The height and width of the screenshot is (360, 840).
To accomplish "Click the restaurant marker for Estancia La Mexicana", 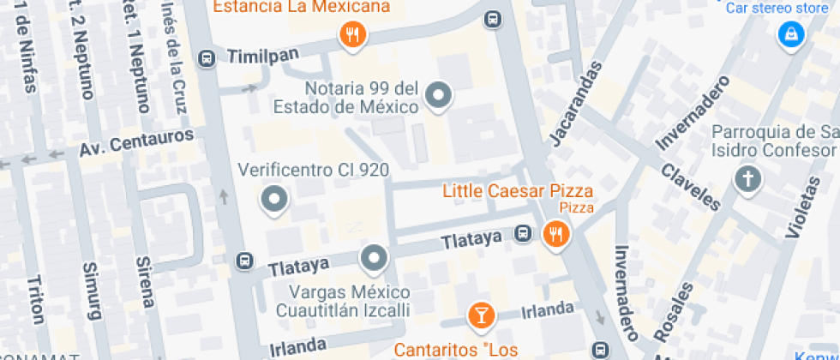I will pyautogui.click(x=352, y=35).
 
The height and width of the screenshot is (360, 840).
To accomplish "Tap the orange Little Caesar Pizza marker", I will pyautogui.click(x=556, y=233).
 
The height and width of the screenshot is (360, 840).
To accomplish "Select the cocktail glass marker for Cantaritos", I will pyautogui.click(x=481, y=315).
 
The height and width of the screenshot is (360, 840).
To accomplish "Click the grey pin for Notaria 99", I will pyautogui.click(x=439, y=95).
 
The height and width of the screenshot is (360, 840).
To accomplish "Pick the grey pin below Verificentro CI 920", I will pyautogui.click(x=274, y=200).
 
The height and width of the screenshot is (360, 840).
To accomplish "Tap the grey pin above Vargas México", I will pyautogui.click(x=374, y=257).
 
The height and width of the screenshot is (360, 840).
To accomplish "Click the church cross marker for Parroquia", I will pyautogui.click(x=747, y=179).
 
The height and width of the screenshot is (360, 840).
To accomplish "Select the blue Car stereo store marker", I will pyautogui.click(x=789, y=34).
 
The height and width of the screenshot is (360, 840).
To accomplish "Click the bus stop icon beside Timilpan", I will pyautogui.click(x=206, y=58).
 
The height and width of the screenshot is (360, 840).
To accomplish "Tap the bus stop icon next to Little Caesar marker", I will pyautogui.click(x=522, y=234).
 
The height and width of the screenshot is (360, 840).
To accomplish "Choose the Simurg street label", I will pyautogui.click(x=91, y=289).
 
